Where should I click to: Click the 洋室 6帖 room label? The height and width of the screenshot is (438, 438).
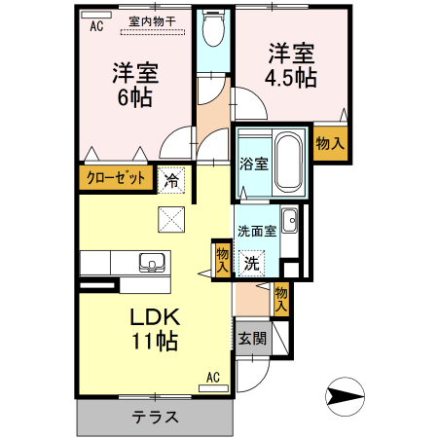tap(135, 84)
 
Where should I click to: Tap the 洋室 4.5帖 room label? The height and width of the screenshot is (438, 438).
tap(290, 63)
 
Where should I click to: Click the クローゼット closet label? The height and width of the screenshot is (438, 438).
tap(117, 178)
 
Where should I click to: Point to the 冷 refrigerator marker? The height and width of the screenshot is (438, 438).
tap(171, 179)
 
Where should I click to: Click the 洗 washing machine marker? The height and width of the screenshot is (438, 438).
tap(251, 262)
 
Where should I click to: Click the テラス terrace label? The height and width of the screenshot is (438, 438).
tap(155, 418)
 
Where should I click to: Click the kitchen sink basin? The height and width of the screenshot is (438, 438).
tap(154, 261)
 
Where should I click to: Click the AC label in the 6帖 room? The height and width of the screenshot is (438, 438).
tap(96, 26)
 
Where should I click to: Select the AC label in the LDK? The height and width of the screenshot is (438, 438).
tap(213, 376)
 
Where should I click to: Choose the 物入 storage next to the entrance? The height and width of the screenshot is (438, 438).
tap(281, 299)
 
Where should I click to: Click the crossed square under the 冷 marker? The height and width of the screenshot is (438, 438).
tap(171, 220)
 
